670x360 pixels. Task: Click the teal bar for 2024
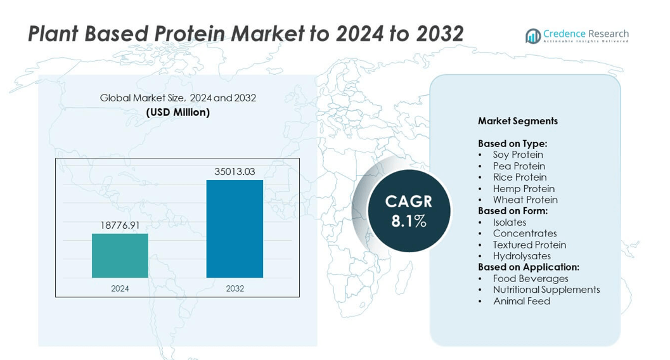click(120, 255)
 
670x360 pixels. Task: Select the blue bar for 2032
click(235, 229)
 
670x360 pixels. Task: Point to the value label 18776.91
click(120, 225)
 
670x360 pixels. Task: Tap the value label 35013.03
click(235, 171)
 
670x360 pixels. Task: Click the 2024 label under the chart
click(120, 288)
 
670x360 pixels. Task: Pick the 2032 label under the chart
click(235, 288)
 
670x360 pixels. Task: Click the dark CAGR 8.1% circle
click(409, 211)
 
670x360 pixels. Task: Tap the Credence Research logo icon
click(532, 36)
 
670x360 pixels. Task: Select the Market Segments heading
click(518, 121)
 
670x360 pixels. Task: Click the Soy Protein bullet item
click(518, 155)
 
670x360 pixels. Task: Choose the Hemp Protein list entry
click(524, 188)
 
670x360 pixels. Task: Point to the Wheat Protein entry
click(525, 200)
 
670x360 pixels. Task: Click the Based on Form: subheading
click(513, 211)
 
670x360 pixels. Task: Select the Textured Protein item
click(529, 245)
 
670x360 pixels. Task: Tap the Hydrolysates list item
click(522, 256)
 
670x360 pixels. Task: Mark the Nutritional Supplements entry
click(546, 290)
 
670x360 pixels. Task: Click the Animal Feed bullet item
click(522, 301)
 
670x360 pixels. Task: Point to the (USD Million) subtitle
click(178, 112)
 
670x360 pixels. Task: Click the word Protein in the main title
click(188, 34)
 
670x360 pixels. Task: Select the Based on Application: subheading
click(529, 267)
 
